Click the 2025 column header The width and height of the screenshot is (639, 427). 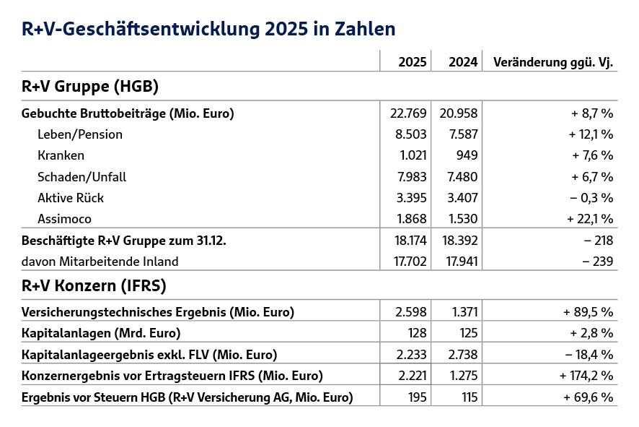coord(412,62)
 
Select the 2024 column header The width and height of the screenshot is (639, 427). coord(463,62)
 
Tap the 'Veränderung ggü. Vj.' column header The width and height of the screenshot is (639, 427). coord(552,62)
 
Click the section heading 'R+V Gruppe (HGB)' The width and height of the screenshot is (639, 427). coord(90,87)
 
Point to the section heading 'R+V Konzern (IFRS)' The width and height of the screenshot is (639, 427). coord(94,286)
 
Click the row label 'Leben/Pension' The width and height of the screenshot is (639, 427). coord(80,134)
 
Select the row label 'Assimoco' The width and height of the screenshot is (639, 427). coord(65,218)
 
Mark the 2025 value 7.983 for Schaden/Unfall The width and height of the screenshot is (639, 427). coord(413,176)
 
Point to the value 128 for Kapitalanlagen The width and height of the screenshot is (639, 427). coord(415,333)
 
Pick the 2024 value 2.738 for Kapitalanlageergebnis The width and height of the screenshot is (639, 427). coord(462,354)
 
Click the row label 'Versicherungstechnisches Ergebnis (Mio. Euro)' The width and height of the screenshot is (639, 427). coord(158,312)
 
